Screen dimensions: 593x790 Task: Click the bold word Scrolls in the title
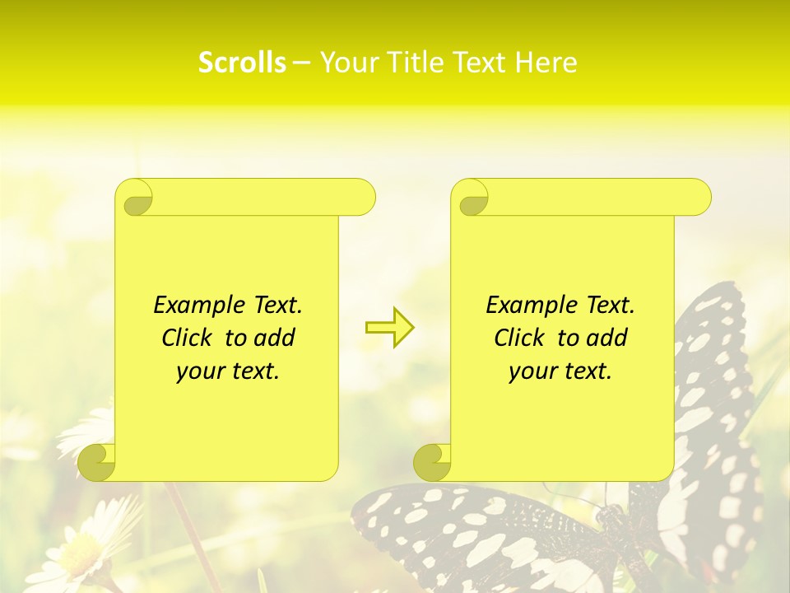pos(242,63)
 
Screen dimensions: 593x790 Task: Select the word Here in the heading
pos(546,63)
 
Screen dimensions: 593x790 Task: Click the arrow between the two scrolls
pos(390,327)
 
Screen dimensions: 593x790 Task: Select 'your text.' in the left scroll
pos(228,371)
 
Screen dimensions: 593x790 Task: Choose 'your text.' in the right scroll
pos(560,371)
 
